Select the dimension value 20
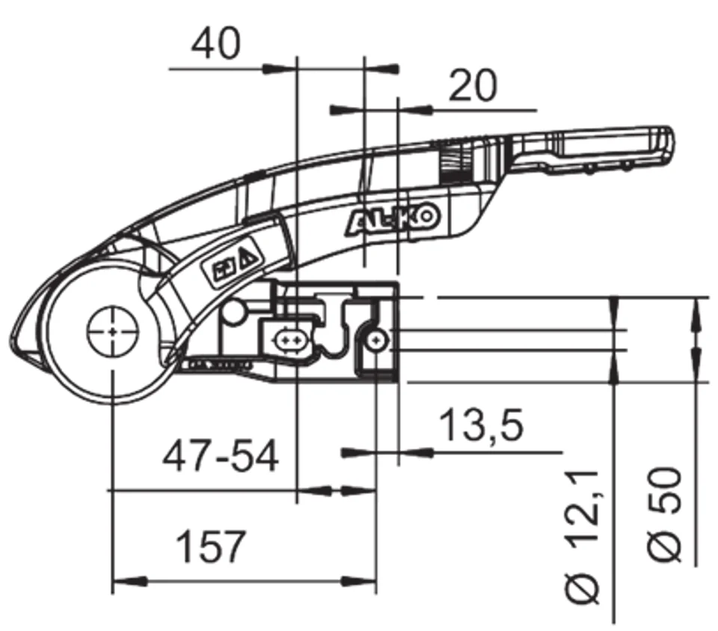[472, 87]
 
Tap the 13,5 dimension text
[481, 425]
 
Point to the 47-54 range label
[221, 456]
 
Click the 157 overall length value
[210, 547]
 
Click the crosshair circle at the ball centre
[112, 330]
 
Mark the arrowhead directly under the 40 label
[278, 69]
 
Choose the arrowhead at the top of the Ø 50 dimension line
[696, 308]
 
